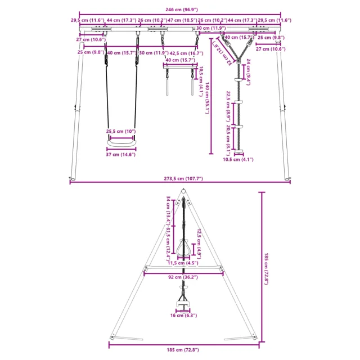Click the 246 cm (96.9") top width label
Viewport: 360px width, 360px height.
click(180, 10)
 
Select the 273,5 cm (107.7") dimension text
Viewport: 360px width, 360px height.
click(180, 178)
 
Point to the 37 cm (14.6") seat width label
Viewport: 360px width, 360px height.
click(121, 155)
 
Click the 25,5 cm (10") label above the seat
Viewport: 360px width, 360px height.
click(121, 132)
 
